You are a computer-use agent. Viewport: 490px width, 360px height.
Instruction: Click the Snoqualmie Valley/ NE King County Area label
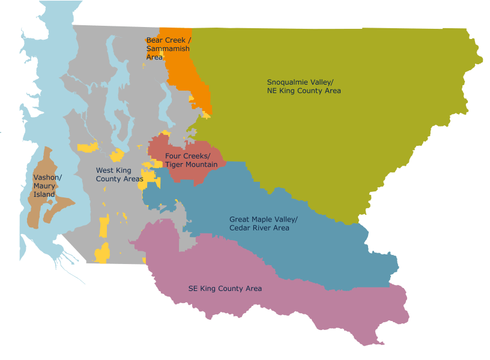tap(304, 86)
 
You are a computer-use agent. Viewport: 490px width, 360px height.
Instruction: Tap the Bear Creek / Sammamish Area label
tap(168, 49)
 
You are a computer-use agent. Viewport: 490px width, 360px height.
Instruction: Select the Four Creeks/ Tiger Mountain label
tap(187, 160)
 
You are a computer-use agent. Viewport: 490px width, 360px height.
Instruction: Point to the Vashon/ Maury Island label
tap(47, 186)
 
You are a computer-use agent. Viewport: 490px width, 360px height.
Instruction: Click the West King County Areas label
tap(119, 175)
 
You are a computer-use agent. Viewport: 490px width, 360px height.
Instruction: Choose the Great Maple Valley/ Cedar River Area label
tap(263, 224)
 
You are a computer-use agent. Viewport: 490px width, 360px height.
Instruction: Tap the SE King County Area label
tap(225, 289)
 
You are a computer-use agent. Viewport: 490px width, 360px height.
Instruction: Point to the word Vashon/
tap(47, 178)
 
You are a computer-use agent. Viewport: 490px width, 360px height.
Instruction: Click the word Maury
tap(44, 186)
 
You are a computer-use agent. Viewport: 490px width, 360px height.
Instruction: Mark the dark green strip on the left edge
tap(10, 180)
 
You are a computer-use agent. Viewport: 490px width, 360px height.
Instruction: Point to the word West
tap(105, 170)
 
